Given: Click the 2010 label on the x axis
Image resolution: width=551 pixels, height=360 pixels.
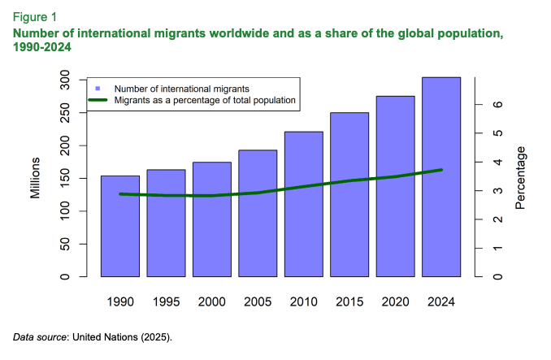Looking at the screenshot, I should coord(304,301).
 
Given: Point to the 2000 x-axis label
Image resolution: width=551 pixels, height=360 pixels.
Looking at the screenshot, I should coord(211,301).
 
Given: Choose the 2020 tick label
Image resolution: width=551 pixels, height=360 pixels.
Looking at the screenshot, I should coord(396,301).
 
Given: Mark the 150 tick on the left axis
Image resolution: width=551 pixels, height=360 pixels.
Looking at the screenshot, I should coord(65,179).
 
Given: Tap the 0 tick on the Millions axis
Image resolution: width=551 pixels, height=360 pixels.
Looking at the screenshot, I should coord(65,277).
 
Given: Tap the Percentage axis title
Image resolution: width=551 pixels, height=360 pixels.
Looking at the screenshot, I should coord(520,177).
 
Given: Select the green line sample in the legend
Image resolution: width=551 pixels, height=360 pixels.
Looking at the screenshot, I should coord(98,100).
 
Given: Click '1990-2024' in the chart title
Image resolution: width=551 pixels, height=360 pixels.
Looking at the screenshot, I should coord(41,48).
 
